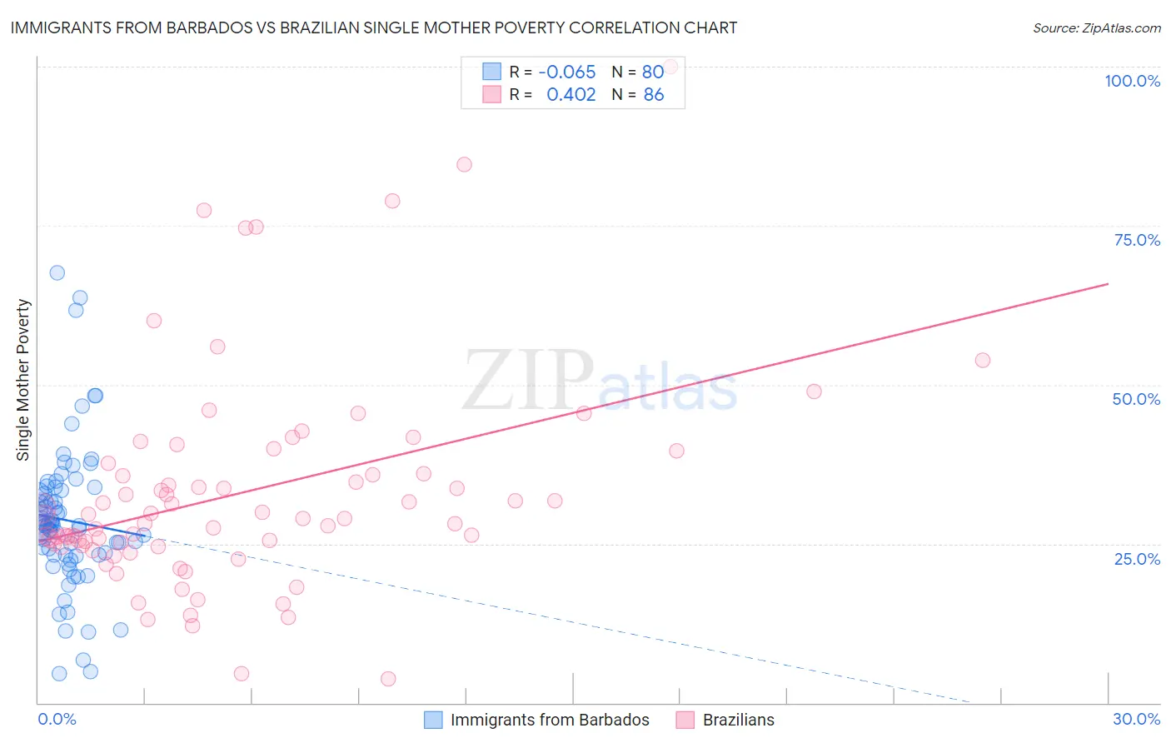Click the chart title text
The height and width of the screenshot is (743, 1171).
click(x=374, y=27)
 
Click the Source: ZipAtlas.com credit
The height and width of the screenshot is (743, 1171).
click(x=1096, y=27)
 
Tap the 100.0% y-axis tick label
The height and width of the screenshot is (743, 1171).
click(x=1132, y=81)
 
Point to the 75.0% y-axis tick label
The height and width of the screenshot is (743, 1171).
click(x=1137, y=240)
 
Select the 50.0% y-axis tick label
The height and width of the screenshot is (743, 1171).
click(x=1136, y=399)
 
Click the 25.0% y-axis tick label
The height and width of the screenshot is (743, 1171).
click(x=1137, y=558)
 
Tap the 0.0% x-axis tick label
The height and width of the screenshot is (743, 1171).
click(x=57, y=719)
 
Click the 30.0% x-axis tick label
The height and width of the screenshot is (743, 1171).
click(x=1136, y=719)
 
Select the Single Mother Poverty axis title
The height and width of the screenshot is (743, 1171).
click(x=23, y=380)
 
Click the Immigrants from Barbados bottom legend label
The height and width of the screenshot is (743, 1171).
click(x=550, y=720)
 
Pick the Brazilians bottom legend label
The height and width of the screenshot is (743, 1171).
click(x=738, y=720)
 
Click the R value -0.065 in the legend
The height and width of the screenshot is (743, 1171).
click(x=567, y=72)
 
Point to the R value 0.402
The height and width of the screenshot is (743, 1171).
click(x=571, y=94)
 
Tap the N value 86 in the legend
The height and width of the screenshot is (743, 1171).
click(x=654, y=94)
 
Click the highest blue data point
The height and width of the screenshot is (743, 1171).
click(x=57, y=272)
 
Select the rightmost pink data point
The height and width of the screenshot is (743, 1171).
click(x=983, y=360)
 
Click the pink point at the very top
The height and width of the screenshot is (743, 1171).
click(x=670, y=66)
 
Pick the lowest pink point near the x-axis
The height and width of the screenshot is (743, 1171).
click(x=388, y=679)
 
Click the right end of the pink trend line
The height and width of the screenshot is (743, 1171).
click(x=1108, y=284)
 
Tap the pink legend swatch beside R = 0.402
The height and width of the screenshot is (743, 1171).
click(x=492, y=94)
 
